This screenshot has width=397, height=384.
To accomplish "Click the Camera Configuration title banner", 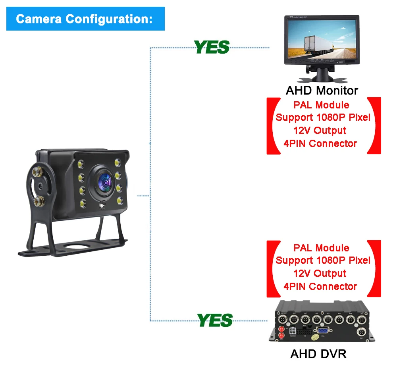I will (85, 19).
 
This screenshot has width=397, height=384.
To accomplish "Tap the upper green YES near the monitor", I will (212, 47).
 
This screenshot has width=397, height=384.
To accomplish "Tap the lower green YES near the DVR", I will (214, 320).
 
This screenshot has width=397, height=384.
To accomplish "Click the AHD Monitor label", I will (322, 90).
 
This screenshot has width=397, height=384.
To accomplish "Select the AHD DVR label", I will (318, 353).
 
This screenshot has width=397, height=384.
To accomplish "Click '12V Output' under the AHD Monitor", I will (320, 131).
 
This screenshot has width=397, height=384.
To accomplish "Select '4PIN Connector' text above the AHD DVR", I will (320, 286).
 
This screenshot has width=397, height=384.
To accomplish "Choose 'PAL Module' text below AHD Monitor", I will (321, 105).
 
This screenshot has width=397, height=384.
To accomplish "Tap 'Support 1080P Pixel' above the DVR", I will (322, 261).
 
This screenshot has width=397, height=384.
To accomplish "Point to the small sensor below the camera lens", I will (104, 206).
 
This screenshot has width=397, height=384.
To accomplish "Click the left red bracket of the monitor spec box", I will (272, 125).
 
